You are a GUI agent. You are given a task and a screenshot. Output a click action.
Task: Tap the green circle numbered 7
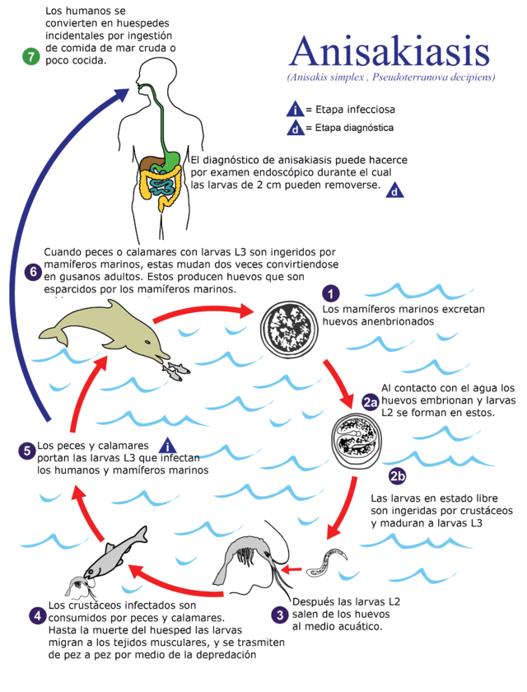(31, 57)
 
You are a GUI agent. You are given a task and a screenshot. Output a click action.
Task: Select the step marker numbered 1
(331, 294)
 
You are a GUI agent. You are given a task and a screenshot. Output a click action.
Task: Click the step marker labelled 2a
(371, 401)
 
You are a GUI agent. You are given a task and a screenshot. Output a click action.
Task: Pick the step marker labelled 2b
(397, 476)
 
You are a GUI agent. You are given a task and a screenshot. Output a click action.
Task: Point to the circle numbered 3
(281, 614)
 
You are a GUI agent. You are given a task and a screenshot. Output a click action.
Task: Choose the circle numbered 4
(36, 615)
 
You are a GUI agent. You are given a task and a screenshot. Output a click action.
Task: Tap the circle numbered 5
(27, 451)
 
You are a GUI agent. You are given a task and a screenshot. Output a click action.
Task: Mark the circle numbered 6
(33, 272)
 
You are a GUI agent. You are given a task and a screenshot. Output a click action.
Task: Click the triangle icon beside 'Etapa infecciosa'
(295, 109)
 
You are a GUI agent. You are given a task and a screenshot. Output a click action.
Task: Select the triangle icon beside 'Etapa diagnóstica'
(295, 129)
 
